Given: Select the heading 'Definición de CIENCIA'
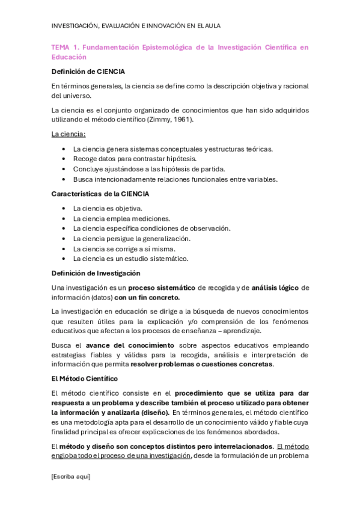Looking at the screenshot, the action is (x=88, y=72).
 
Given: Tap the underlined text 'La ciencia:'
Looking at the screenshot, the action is (x=69, y=134).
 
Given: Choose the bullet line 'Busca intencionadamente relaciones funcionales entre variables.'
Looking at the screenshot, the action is (x=175, y=179).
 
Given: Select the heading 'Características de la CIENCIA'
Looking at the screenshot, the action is (x=100, y=194).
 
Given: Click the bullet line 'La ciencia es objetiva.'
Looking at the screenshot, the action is (x=108, y=209).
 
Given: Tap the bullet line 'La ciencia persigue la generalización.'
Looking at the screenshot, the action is (x=132, y=239).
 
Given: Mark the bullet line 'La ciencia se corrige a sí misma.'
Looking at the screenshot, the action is (x=124, y=249).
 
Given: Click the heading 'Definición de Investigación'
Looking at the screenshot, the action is (x=96, y=273).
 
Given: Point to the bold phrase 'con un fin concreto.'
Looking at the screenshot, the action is (x=147, y=297).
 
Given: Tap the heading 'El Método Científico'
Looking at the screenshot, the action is (x=85, y=379).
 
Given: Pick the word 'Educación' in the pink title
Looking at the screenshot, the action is (x=69, y=57).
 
